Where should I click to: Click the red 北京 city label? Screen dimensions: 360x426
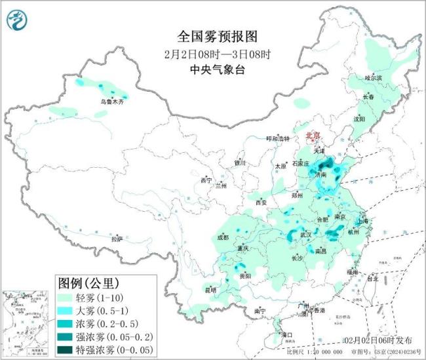(313, 135)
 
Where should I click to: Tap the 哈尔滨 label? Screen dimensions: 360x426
(373, 77)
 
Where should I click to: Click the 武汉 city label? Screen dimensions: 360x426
(305, 234)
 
